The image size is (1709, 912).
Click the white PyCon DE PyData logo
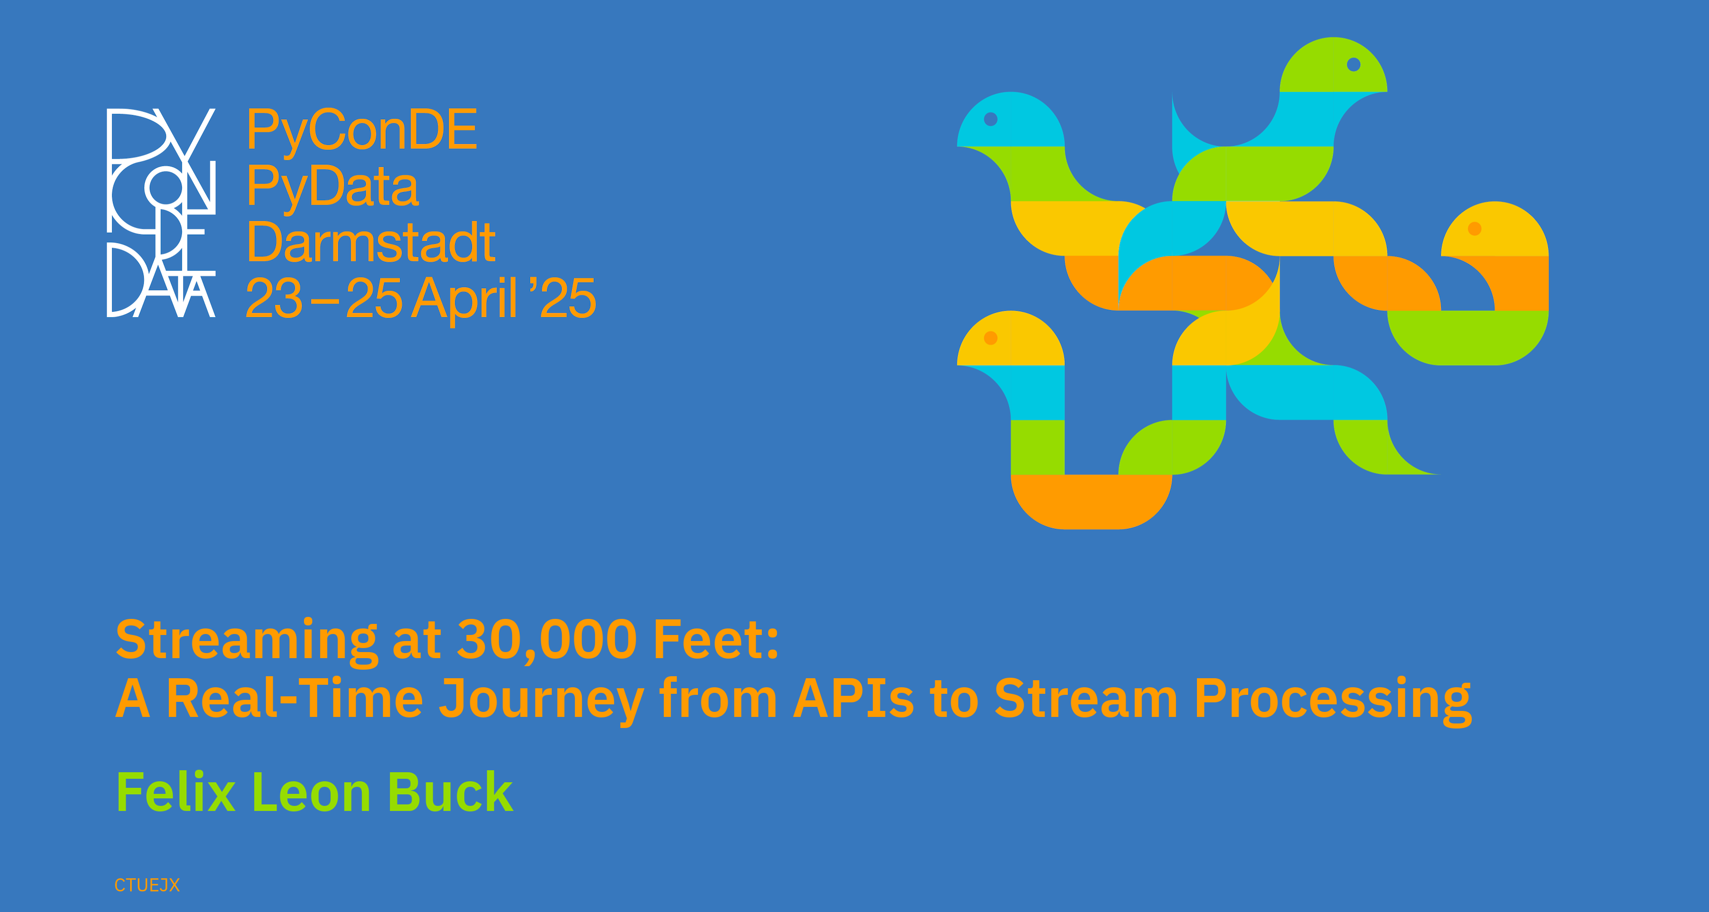tap(161, 212)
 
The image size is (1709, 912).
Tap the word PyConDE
tap(362, 131)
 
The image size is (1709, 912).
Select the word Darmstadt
tap(371, 242)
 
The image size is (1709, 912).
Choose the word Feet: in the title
tap(717, 639)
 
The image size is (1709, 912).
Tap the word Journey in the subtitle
tap(541, 700)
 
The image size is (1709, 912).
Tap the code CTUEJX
tap(147, 885)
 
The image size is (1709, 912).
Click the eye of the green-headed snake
tap(1353, 64)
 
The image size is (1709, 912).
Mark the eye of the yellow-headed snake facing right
tap(990, 338)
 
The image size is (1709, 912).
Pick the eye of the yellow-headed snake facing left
tap(1475, 228)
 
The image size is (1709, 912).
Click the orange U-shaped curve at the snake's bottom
tap(1091, 502)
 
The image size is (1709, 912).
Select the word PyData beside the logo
tap(333, 187)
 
